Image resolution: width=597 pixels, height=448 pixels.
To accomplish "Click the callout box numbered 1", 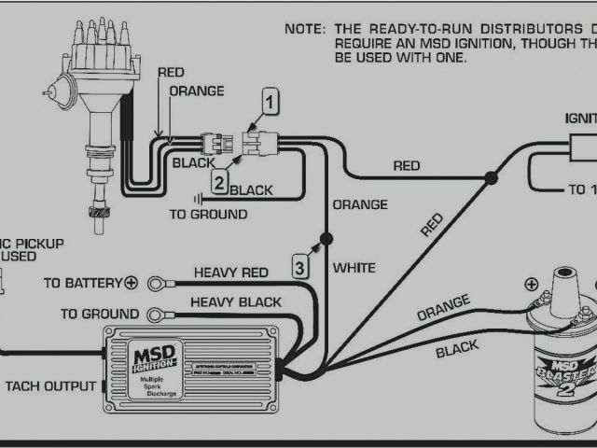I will (x=270, y=100).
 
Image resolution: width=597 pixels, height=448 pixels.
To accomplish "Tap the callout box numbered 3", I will (x=298, y=267).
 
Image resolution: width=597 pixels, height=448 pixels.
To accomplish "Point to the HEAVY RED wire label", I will (x=230, y=273).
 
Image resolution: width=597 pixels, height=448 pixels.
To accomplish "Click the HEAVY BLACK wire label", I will (x=235, y=302).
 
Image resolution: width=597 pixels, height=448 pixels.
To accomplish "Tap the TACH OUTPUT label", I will (x=50, y=385).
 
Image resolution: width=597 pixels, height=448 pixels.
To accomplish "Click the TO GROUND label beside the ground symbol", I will (x=208, y=214).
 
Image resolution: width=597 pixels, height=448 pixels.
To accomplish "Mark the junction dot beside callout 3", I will (x=325, y=239).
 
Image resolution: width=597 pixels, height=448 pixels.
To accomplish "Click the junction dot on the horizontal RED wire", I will (x=491, y=177).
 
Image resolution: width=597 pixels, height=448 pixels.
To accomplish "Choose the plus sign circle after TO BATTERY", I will (x=132, y=282).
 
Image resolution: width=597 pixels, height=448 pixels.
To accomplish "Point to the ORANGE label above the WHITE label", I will (x=359, y=204).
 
